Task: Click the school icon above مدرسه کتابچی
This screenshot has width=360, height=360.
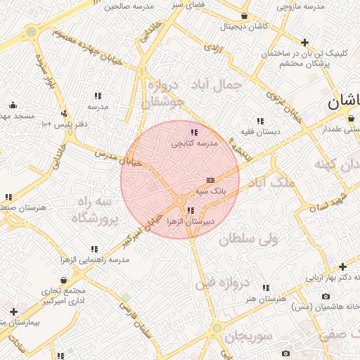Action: [194, 132]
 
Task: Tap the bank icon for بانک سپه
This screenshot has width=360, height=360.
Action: [211, 181]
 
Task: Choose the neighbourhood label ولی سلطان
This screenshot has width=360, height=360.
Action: [249, 239]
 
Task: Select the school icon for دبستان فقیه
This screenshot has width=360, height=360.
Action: [260, 121]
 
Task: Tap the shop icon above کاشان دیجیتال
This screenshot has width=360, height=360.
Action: [244, 16]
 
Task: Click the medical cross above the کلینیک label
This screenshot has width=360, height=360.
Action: [304, 42]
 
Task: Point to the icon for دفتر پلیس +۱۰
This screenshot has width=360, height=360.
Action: [64, 113]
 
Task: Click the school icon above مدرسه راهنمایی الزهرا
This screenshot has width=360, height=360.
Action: [94, 250]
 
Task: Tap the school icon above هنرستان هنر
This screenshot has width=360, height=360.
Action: [266, 288]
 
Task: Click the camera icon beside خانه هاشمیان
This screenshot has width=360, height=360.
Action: [325, 297]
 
